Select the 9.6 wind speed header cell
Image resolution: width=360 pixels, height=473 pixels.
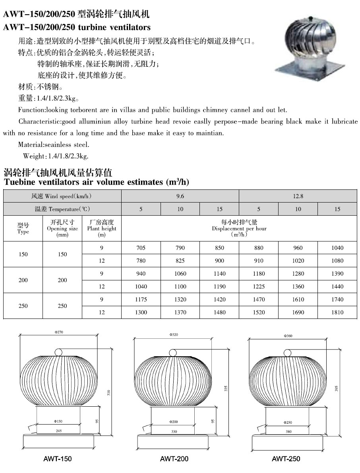pyautogui.click(x=180, y=196)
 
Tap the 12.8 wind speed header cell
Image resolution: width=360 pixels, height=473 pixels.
pyautogui.click(x=298, y=196)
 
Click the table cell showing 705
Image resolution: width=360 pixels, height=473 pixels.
pyautogui.click(x=141, y=248)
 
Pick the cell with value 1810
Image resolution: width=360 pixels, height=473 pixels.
pyautogui.click(x=337, y=312)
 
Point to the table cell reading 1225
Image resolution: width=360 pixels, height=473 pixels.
pyautogui.click(x=259, y=286)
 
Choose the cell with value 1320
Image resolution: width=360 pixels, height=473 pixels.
pyautogui.click(x=180, y=299)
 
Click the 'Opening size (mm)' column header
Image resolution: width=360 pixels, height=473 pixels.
pyautogui.click(x=62, y=228)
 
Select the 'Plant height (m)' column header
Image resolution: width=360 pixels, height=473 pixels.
pyautogui.click(x=102, y=228)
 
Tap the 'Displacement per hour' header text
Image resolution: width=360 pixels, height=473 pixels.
pyautogui.click(x=239, y=228)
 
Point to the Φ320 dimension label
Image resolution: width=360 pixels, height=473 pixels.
pyautogui.click(x=173, y=335)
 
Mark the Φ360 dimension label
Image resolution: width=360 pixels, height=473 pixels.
pyautogui.click(x=288, y=336)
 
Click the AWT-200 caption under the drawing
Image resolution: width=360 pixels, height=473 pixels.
pyautogui.click(x=174, y=459)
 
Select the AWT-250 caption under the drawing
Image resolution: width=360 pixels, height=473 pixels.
pyautogui.click(x=286, y=459)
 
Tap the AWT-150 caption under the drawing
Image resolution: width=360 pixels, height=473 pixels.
pyautogui.click(x=58, y=459)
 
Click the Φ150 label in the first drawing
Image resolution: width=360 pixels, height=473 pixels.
pyautogui.click(x=58, y=421)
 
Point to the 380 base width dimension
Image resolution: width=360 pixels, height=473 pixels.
pyautogui.click(x=288, y=431)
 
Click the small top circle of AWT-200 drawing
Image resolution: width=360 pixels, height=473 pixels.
pyautogui.click(x=172, y=352)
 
